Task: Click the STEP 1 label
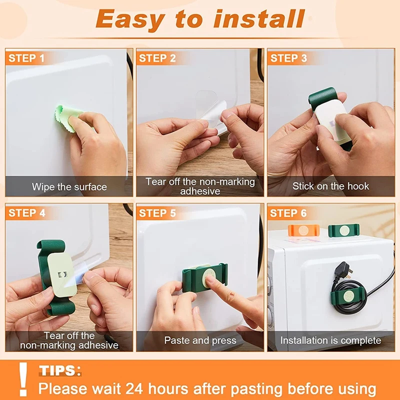pos(26,58)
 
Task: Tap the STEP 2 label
pos(157,58)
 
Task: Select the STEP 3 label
pos(288,58)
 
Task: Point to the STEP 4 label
pos(27,213)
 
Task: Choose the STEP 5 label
pos(157,213)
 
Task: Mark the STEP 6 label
pos(288,213)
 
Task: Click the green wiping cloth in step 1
pos(67,118)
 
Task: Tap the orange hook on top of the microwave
pos(303,230)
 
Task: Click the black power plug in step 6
pos(343,271)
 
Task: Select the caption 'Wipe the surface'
pos(69,187)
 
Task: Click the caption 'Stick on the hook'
pos(330,186)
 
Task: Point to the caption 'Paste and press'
pos(200,340)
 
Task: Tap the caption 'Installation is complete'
pos(330,340)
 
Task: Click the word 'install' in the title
pos(259,18)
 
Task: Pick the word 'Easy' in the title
pos(130,20)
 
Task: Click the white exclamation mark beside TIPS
pos(23,379)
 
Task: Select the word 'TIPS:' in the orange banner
pos(60,370)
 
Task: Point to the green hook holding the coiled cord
pos(347,297)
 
